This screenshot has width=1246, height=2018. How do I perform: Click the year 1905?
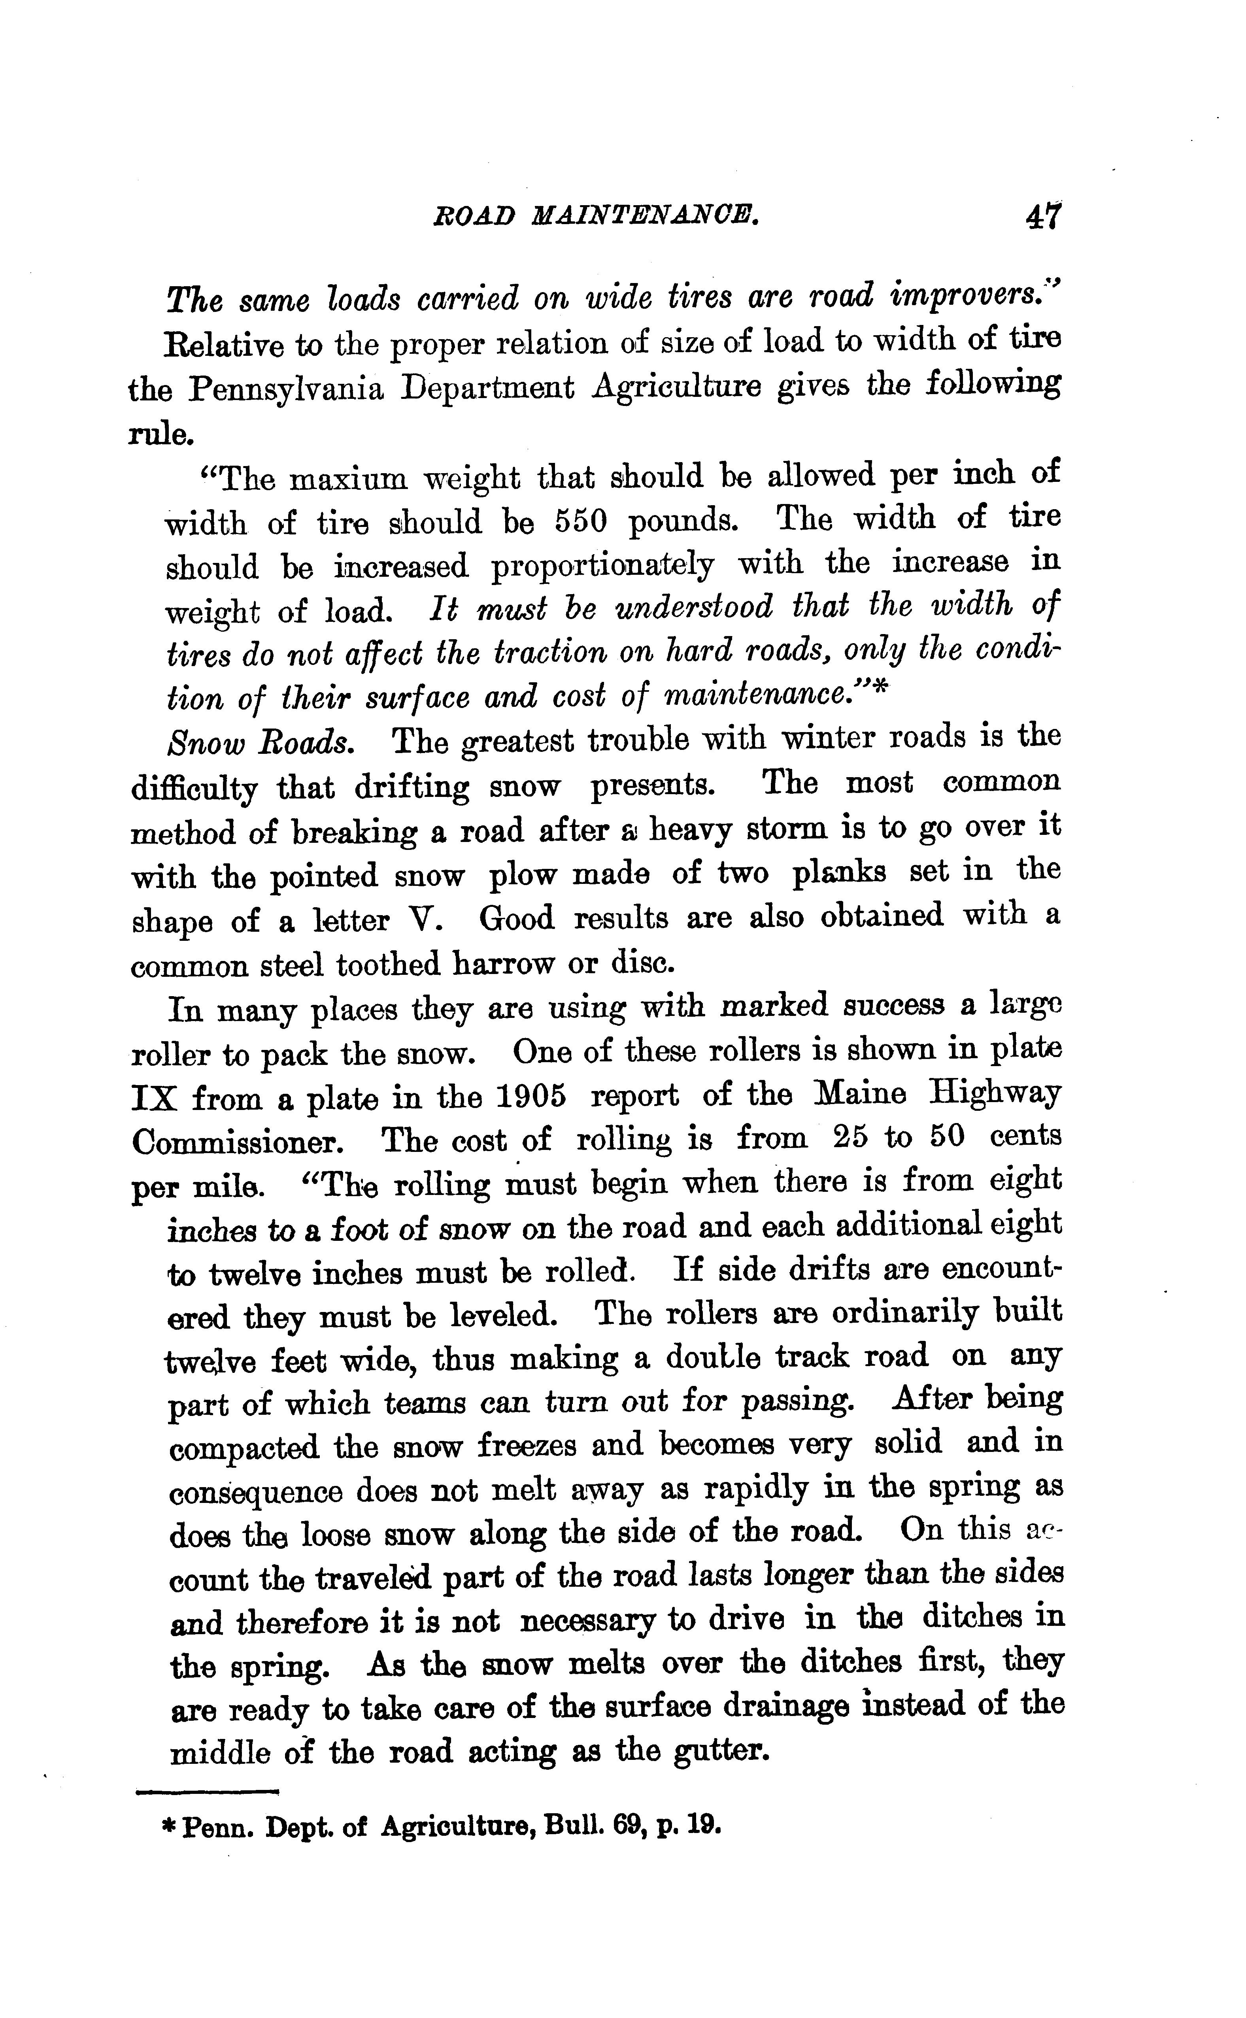(532, 1097)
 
